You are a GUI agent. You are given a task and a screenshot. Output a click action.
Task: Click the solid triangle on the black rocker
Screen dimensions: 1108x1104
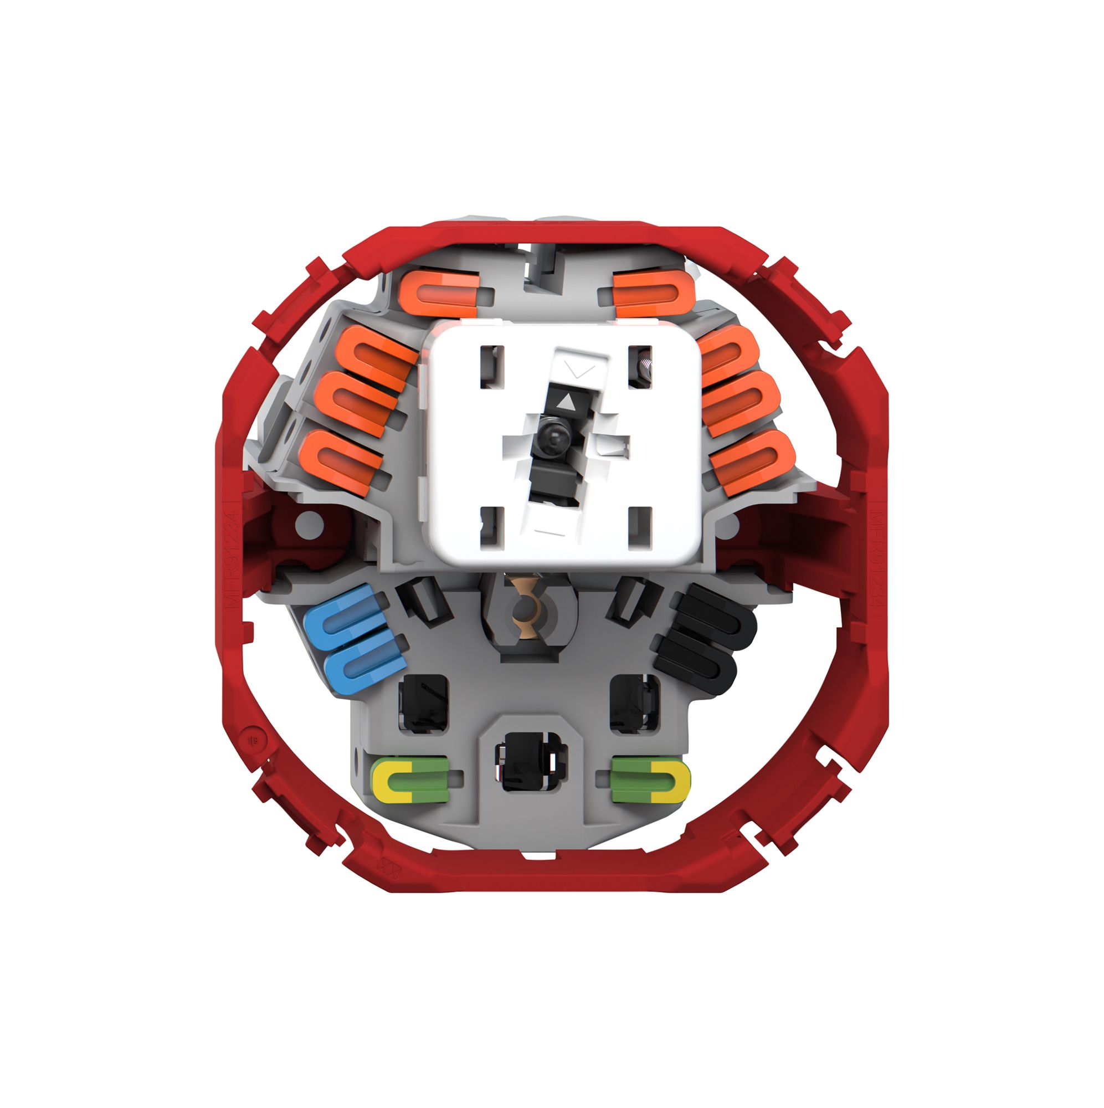564,401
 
